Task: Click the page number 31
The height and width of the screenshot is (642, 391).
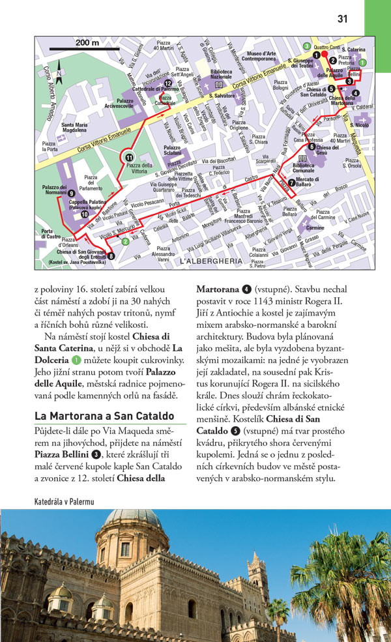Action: coord(342,19)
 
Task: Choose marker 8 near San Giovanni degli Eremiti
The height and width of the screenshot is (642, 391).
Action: coord(111,255)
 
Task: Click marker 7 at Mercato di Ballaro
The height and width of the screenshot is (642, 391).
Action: coord(291,182)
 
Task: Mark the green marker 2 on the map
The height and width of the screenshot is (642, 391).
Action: coord(125,242)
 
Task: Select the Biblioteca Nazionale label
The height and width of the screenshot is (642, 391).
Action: coord(221,73)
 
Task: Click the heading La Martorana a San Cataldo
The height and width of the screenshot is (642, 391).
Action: coord(104,415)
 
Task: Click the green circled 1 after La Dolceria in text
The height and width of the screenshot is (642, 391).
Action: coord(77,359)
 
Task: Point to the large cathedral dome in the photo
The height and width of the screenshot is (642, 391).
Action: coord(132,521)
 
